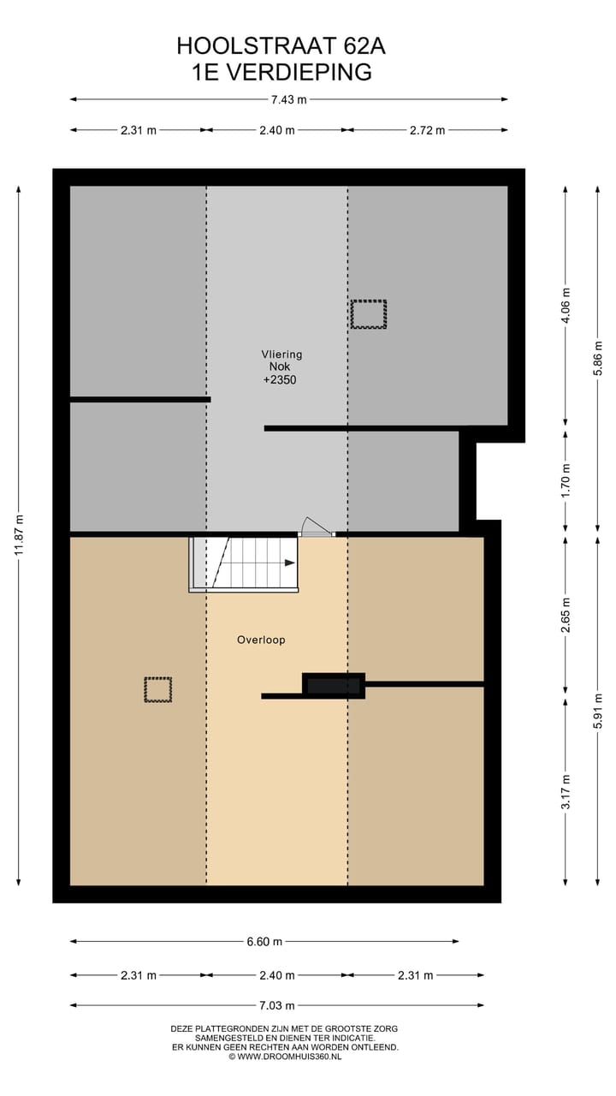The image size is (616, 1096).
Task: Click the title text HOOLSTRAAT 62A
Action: pyautogui.click(x=275, y=45)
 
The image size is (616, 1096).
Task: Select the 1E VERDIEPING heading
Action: pyautogui.click(x=281, y=72)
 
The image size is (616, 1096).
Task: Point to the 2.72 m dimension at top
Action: pyautogui.click(x=427, y=130)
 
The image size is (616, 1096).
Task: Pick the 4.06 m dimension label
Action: pyautogui.click(x=565, y=303)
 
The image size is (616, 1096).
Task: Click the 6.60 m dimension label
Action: pyautogui.click(x=264, y=942)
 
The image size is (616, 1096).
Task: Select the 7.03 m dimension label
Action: pyautogui.click(x=277, y=1005)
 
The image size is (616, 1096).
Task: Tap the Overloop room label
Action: pyautogui.click(x=261, y=640)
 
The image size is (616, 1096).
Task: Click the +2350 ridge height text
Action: pyautogui.click(x=279, y=379)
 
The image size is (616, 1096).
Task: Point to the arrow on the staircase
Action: pyautogui.click(x=289, y=563)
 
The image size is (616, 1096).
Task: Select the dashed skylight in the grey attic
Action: pyautogui.click(x=368, y=314)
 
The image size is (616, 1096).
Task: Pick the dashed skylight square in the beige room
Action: pyautogui.click(x=157, y=689)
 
